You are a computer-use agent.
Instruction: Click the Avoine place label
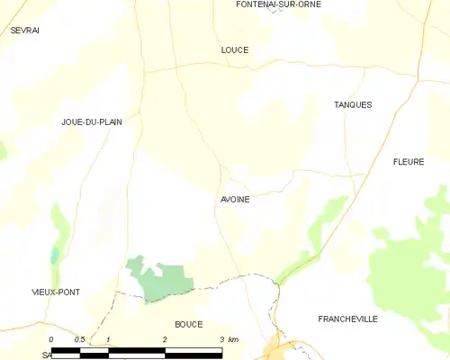234,200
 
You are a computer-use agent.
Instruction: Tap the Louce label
234,50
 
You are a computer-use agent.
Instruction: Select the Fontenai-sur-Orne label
278,4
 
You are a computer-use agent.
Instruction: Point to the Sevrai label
25,30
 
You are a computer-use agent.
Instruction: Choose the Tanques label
353,105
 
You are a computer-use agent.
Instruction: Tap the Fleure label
409,162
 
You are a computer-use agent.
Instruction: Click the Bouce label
188,324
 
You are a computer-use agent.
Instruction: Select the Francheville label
347,319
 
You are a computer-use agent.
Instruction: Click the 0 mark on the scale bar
52,339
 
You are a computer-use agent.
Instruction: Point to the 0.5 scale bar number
79,339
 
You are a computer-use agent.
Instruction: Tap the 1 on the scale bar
108,339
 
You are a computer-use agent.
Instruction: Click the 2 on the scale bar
165,339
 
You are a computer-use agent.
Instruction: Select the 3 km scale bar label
228,339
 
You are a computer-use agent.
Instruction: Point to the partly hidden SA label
46,355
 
